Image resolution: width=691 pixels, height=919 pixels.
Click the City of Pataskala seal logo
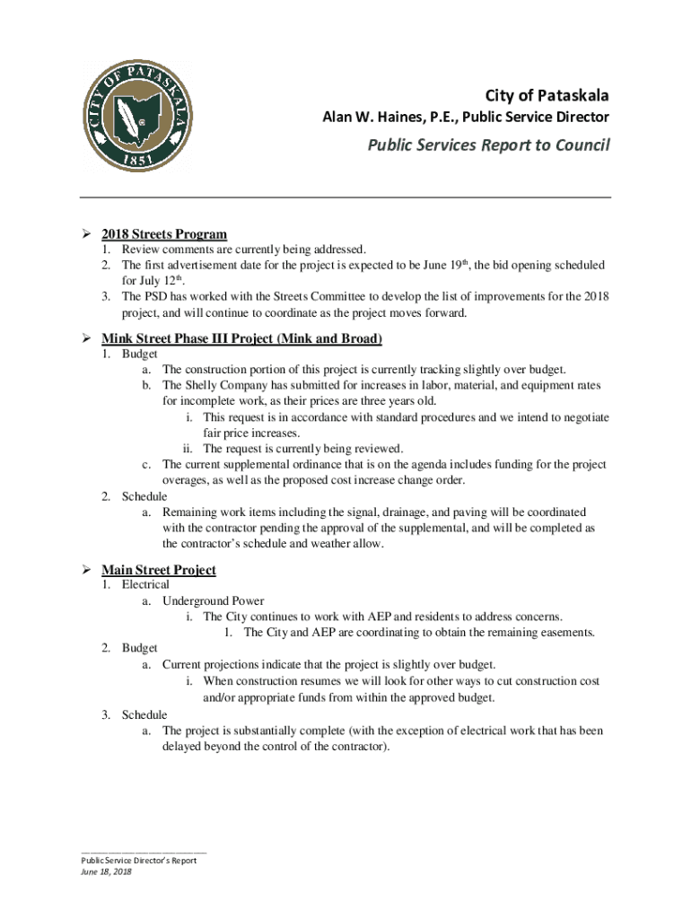click(x=134, y=116)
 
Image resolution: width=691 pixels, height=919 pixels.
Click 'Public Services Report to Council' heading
click(x=488, y=145)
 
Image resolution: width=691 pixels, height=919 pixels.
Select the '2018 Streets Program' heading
click(x=164, y=234)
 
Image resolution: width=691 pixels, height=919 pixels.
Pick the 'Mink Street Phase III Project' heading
click(x=242, y=338)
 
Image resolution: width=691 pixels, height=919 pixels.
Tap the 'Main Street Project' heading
click(x=159, y=570)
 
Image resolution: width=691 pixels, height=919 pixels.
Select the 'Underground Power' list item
click(x=213, y=600)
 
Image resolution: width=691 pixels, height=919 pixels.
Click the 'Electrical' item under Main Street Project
click(x=145, y=585)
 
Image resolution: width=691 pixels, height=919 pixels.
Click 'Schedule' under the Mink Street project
click(x=144, y=495)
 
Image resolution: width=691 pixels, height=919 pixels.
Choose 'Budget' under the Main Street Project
click(x=140, y=648)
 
